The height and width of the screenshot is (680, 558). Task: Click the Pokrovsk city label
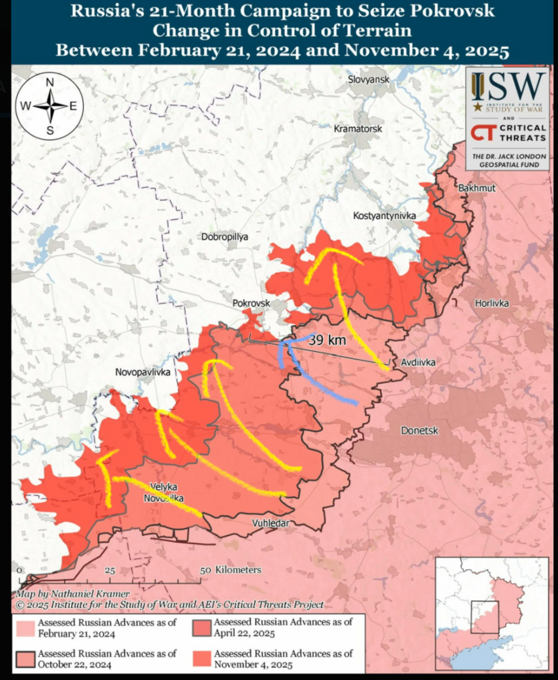251,304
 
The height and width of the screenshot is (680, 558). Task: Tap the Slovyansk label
369,80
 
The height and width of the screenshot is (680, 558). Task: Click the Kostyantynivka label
384,216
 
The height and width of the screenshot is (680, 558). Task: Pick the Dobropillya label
225,237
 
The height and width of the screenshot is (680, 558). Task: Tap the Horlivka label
492,303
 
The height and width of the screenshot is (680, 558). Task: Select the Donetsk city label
420,431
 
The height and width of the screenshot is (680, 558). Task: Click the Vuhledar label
271,523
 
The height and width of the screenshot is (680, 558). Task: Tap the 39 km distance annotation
327,341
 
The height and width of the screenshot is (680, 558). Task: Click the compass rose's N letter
50,82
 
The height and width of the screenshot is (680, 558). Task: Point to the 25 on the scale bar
110,570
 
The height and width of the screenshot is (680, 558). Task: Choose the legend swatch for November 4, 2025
202,658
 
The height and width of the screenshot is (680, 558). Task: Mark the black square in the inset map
485,617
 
